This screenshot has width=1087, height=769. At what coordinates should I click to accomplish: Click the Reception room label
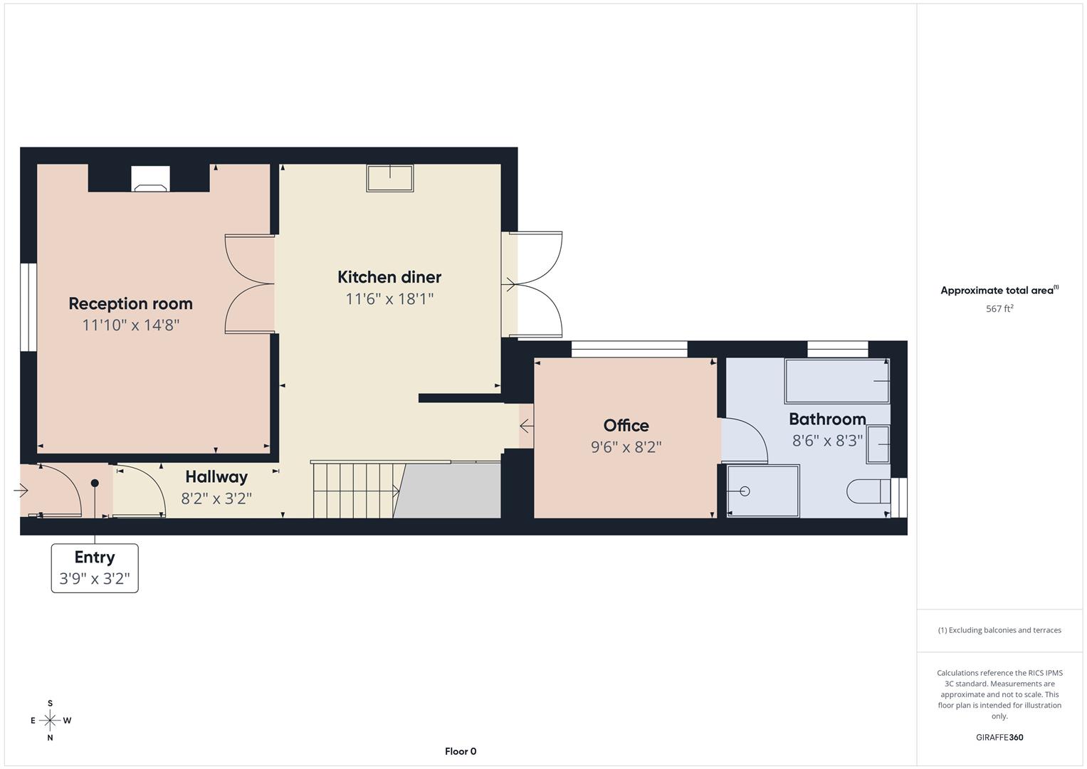tap(130, 303)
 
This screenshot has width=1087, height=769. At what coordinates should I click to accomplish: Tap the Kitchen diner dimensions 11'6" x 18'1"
tap(389, 299)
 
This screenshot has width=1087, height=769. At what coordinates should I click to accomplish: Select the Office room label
tap(626, 425)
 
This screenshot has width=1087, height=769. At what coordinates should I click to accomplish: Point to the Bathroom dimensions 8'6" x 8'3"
tap(827, 441)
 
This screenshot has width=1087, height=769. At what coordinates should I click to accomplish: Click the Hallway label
tap(216, 476)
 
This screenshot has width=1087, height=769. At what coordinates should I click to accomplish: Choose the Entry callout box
tap(95, 567)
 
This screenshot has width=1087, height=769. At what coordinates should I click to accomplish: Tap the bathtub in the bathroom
tap(836, 381)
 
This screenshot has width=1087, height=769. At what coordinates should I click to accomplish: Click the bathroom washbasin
tap(878, 444)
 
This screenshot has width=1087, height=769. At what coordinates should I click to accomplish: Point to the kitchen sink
tap(389, 178)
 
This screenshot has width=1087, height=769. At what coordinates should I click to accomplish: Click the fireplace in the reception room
tap(150, 179)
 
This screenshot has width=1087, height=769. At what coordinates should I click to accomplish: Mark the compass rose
tap(50, 721)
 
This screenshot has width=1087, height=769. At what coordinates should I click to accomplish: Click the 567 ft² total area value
tap(999, 309)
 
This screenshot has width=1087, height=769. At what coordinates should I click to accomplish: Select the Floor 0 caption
tap(460, 751)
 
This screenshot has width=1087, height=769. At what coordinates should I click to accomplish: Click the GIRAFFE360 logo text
tap(999, 737)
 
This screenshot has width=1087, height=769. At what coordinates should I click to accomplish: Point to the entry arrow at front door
tap(21, 490)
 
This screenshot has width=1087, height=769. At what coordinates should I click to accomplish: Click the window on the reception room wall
tap(28, 307)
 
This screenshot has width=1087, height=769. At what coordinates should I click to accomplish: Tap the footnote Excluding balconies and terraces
tap(999, 630)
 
